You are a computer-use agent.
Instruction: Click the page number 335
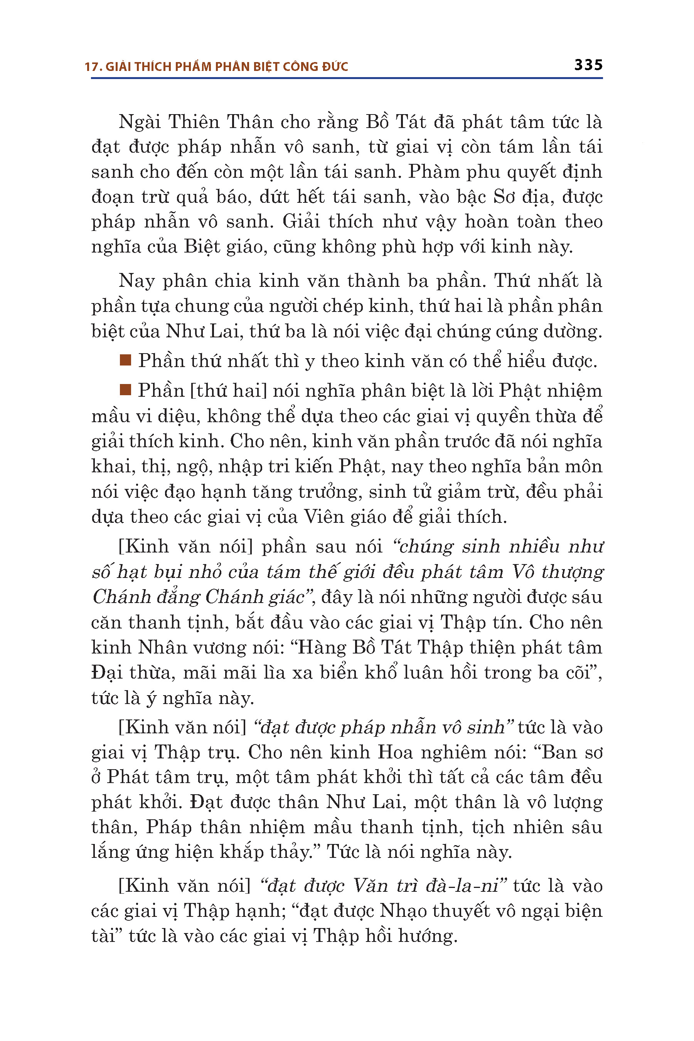tap(588, 65)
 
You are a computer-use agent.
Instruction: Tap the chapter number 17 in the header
tap(91, 67)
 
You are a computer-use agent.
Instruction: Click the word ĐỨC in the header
tap(335, 66)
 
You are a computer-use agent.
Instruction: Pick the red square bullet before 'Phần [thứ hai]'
tap(126, 389)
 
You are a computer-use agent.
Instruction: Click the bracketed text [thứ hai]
tap(228, 391)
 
